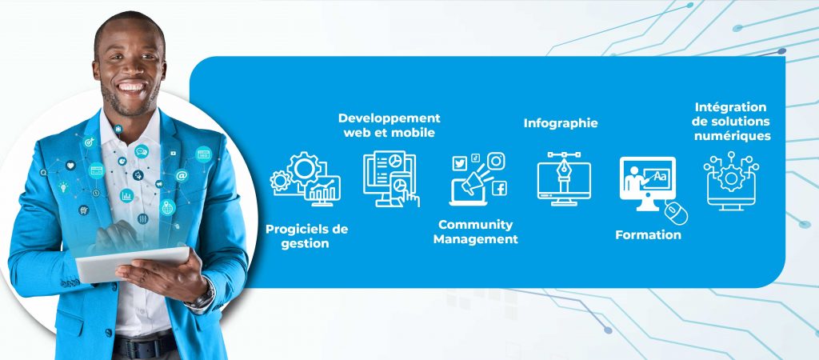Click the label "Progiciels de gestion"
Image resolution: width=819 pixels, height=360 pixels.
click(x=306, y=236)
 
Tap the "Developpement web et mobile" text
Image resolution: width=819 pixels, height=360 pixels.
click(x=390, y=126)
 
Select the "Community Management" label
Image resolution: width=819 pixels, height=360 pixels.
click(x=475, y=232)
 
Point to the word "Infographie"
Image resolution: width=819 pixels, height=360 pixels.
click(x=561, y=123)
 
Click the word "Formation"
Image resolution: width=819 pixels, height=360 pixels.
click(x=648, y=234)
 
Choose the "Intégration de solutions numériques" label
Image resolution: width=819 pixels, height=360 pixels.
click(x=732, y=122)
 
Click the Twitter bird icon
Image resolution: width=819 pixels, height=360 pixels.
click(x=460, y=163)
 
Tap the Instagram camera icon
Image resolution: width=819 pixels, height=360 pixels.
click(x=496, y=161)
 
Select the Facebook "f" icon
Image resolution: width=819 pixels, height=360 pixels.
click(x=499, y=188)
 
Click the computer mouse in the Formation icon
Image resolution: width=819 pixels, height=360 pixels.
click(x=677, y=213)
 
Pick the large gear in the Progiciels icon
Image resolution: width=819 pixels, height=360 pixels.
click(x=304, y=168)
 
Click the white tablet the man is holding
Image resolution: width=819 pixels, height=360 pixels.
click(x=132, y=264)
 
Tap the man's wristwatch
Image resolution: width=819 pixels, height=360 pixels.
click(x=202, y=298)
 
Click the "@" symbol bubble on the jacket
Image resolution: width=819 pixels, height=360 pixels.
click(x=182, y=175)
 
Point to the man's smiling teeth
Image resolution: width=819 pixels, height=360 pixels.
click(x=131, y=86)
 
